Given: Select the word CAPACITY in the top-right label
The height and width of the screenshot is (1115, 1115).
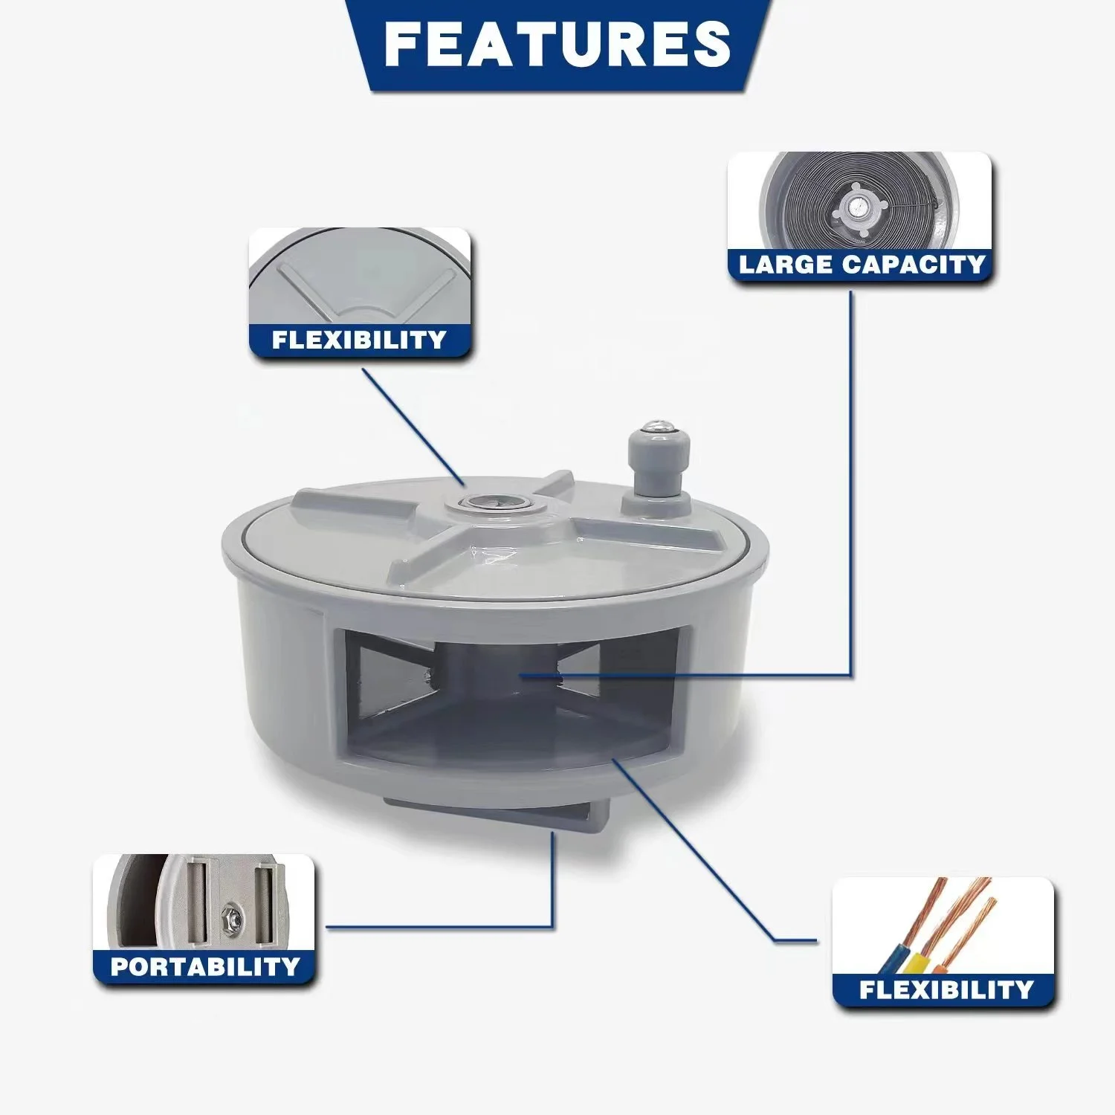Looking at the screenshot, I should point(914,265).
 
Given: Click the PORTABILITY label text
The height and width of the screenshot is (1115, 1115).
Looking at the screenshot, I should point(204,966).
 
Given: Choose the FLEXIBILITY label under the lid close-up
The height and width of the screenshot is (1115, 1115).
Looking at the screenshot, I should point(359,340).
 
